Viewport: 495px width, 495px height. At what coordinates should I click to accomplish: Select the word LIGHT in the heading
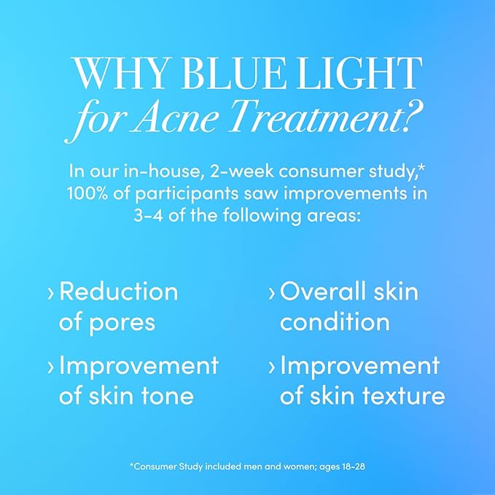pyautogui.click(x=362, y=74)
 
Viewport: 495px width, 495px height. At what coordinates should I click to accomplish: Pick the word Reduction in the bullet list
pyautogui.click(x=118, y=292)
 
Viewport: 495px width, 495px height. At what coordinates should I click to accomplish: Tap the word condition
pyautogui.click(x=335, y=321)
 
